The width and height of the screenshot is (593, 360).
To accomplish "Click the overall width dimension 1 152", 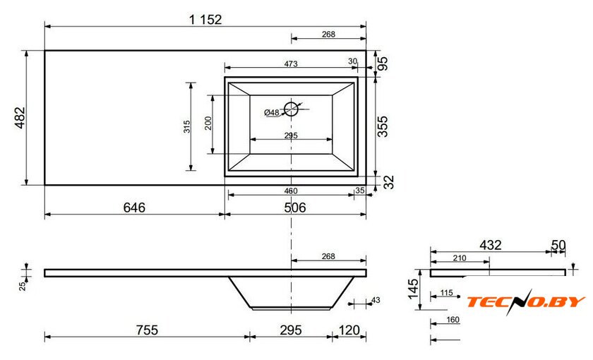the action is (205, 19).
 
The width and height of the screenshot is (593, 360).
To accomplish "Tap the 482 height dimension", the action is (20, 118).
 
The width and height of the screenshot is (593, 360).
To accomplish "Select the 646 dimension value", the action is (134, 208).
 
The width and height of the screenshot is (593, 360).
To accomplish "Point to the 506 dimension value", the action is (295, 208).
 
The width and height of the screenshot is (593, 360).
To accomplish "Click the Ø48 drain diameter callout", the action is (272, 112).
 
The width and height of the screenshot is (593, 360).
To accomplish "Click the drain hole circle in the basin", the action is (291, 102).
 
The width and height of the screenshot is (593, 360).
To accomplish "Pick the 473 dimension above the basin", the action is (291, 64).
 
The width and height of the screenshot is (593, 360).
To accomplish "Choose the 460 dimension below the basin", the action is (291, 191).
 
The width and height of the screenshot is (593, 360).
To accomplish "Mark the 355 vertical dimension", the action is (383, 126).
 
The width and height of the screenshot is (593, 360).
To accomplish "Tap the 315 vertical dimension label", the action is (187, 126).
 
